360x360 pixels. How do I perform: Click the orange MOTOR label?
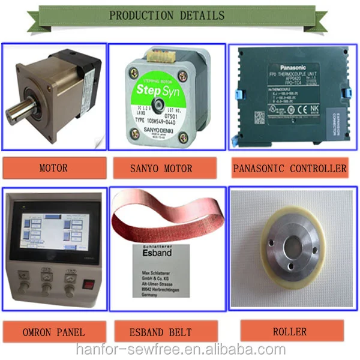click(x=53, y=168)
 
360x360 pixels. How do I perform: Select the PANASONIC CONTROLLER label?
click(x=290, y=169)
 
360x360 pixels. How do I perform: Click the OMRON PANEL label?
click(x=54, y=332)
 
